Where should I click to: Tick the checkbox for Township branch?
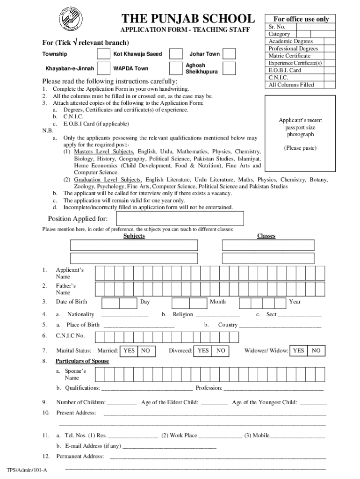pyautogui.click(x=103, y=54)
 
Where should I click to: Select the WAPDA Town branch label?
pyautogui.click(x=131, y=68)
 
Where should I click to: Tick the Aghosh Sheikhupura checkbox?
pyautogui.click(x=229, y=68)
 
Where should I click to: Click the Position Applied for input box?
pyautogui.click(x=180, y=218)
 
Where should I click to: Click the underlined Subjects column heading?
pyautogui.click(x=134, y=236)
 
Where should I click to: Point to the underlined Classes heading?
pyautogui.click(x=266, y=236)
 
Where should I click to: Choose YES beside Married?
pyautogui.click(x=129, y=350)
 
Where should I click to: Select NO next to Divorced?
pyautogui.click(x=221, y=350)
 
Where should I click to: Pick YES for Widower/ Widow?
pyautogui.click(x=298, y=350)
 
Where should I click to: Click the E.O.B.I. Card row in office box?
pyautogui.click(x=285, y=70)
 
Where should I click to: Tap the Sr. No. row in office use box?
pyautogui.click(x=277, y=27)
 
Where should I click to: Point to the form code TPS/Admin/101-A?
pyautogui.click(x=27, y=470)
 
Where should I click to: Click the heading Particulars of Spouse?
pyautogui.click(x=82, y=361)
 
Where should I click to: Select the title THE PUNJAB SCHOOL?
pyautogui.click(x=188, y=19)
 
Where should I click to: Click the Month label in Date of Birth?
pyautogui.click(x=218, y=302)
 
